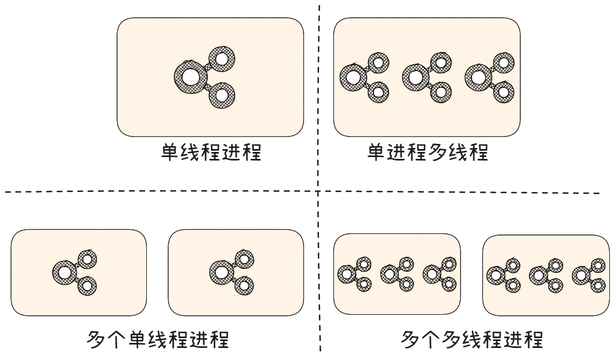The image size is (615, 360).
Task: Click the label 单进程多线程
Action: click(x=427, y=153)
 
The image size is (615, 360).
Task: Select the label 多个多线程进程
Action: click(x=472, y=339)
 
